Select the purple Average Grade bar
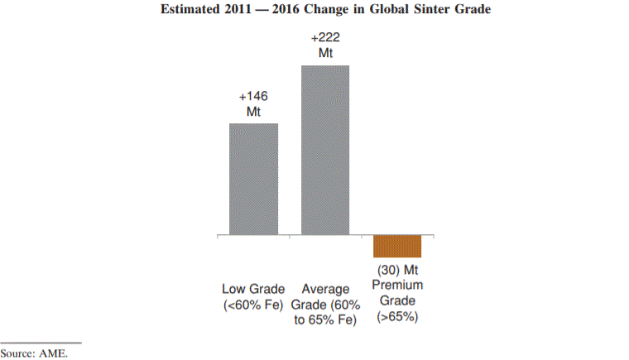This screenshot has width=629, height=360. [x=325, y=150]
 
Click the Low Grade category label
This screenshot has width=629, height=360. [x=253, y=290]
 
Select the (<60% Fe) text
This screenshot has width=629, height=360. [x=253, y=305]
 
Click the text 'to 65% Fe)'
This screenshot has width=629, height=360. [x=325, y=320]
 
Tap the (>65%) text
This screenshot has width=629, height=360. [x=398, y=316]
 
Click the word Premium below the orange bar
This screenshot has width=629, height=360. [x=398, y=286]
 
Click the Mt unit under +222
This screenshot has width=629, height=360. [x=326, y=53]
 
